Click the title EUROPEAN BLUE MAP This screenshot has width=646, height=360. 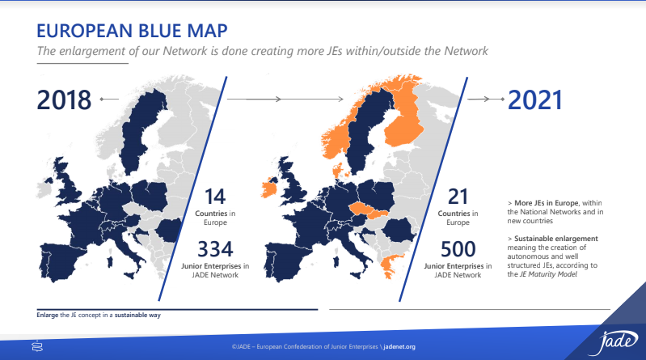pos(132,31)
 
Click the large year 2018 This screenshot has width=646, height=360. pos(64,100)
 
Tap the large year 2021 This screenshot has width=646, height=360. pos(534,100)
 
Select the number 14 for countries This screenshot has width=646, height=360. pos(215,197)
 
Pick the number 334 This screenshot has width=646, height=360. pos(215,249)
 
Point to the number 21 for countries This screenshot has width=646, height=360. pos(458,197)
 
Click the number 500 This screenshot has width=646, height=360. pos(458,249)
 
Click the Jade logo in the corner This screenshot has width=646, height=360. pos(613,341)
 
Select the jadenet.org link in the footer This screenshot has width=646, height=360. pos(399,347)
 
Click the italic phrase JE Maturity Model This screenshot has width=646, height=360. pos(548,274)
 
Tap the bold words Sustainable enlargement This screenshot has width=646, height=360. pos(555,239)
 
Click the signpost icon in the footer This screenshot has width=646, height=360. pos(37,346)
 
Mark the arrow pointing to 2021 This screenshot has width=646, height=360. pos(486,99)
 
